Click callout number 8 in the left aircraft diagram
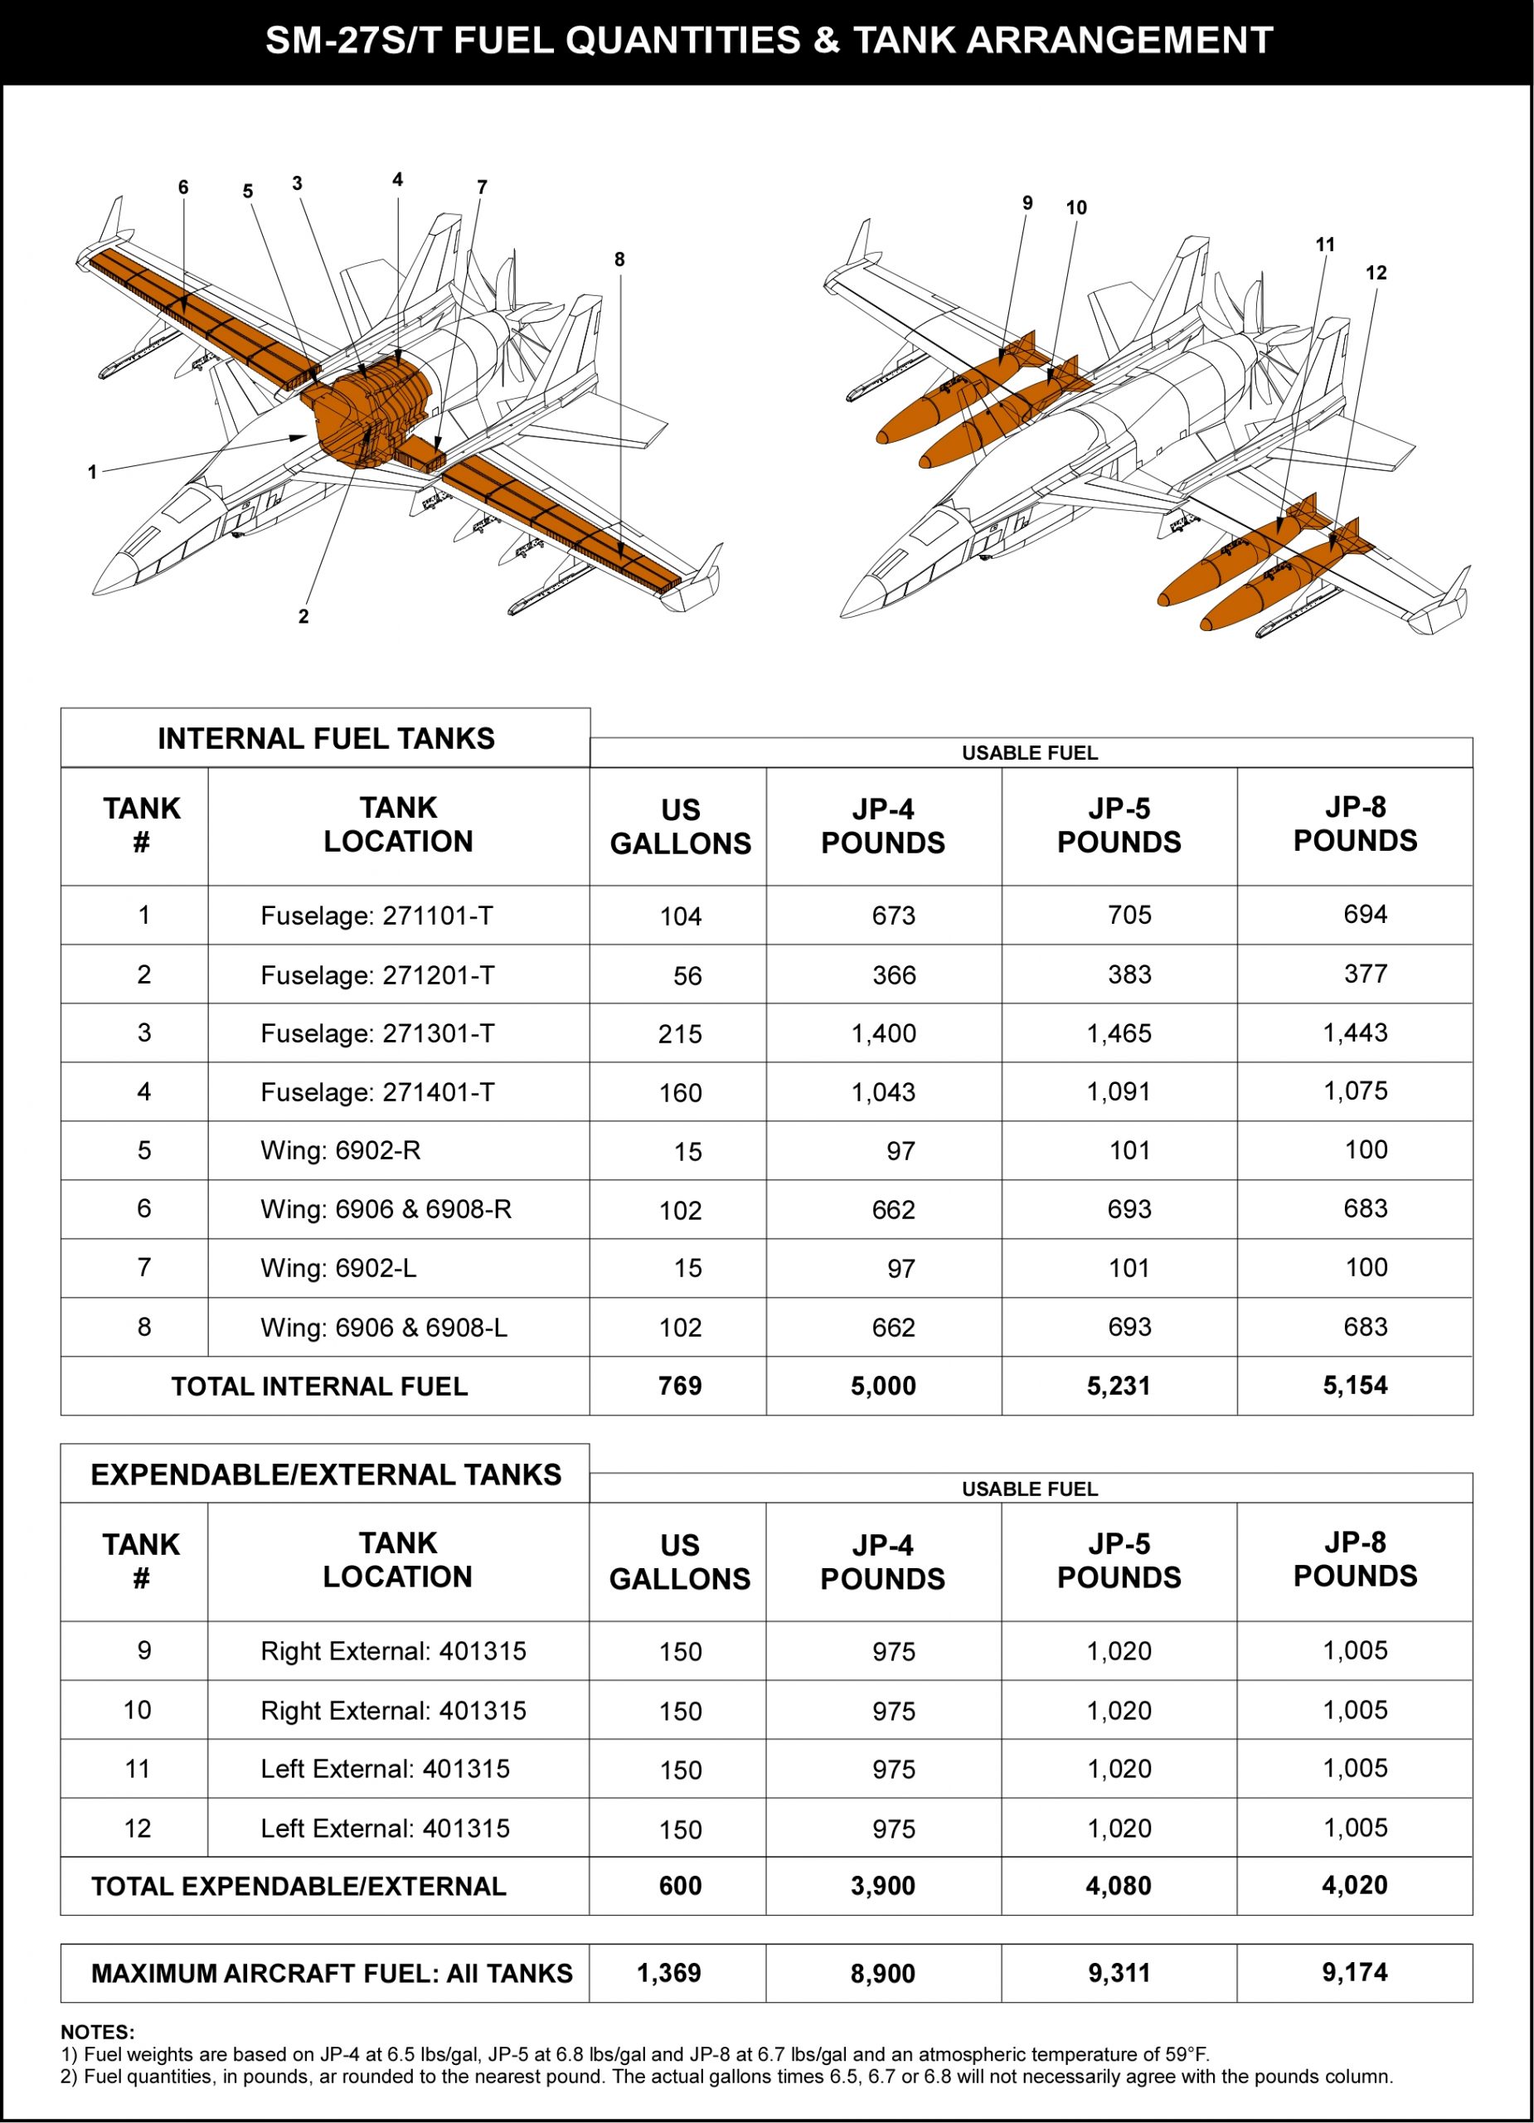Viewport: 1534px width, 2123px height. coord(619,260)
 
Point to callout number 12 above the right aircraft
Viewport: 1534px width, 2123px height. coord(1375,274)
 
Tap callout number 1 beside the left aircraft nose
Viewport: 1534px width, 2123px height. coord(92,473)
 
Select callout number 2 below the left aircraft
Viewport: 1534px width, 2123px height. coord(303,617)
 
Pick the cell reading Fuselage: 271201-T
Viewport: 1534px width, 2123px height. coord(377,975)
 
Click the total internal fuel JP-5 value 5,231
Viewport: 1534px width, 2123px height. coord(1119,1386)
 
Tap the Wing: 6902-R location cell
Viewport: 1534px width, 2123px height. coord(341,1150)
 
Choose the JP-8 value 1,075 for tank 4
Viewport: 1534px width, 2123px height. coord(1354,1091)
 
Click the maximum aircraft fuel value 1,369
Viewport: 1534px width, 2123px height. coord(668,1973)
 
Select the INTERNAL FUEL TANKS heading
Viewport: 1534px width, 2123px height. coord(326,739)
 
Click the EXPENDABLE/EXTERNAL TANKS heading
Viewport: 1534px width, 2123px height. coord(326,1474)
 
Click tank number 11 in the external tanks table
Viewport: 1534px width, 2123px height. coord(138,1768)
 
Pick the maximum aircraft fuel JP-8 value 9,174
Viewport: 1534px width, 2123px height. coord(1354,1972)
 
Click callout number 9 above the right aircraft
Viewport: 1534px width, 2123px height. coord(1027,203)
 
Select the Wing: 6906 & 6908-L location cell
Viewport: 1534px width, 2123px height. coord(384,1328)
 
